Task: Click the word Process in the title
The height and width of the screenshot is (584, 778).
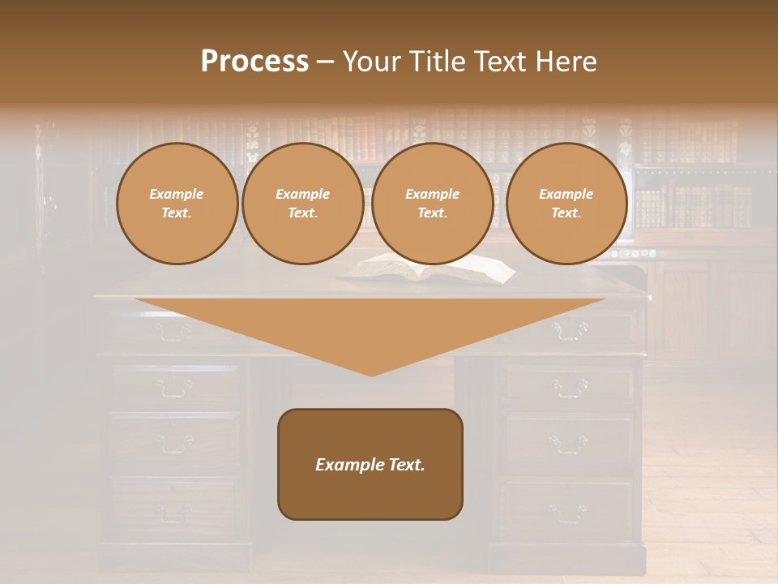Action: pyautogui.click(x=254, y=62)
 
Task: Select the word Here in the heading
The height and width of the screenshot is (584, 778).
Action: pyautogui.click(x=566, y=62)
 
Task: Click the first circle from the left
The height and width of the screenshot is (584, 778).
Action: pyautogui.click(x=177, y=204)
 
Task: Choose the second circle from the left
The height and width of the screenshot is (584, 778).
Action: pyautogui.click(x=302, y=204)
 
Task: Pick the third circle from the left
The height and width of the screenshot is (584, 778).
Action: pyautogui.click(x=432, y=204)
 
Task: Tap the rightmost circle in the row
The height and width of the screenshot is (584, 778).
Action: pyautogui.click(x=566, y=204)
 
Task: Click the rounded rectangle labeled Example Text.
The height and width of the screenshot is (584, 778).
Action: pyautogui.click(x=370, y=464)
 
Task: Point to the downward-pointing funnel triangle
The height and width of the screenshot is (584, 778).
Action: pyautogui.click(x=370, y=333)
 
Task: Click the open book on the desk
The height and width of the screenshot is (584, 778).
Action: pyautogui.click(x=428, y=268)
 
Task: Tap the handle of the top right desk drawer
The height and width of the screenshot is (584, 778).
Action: pyautogui.click(x=569, y=330)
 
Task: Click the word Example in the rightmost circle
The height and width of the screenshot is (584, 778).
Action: pyautogui.click(x=566, y=194)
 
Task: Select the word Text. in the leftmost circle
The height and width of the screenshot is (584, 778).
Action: pyautogui.click(x=177, y=213)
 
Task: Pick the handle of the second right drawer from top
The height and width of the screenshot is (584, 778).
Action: pyautogui.click(x=569, y=388)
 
